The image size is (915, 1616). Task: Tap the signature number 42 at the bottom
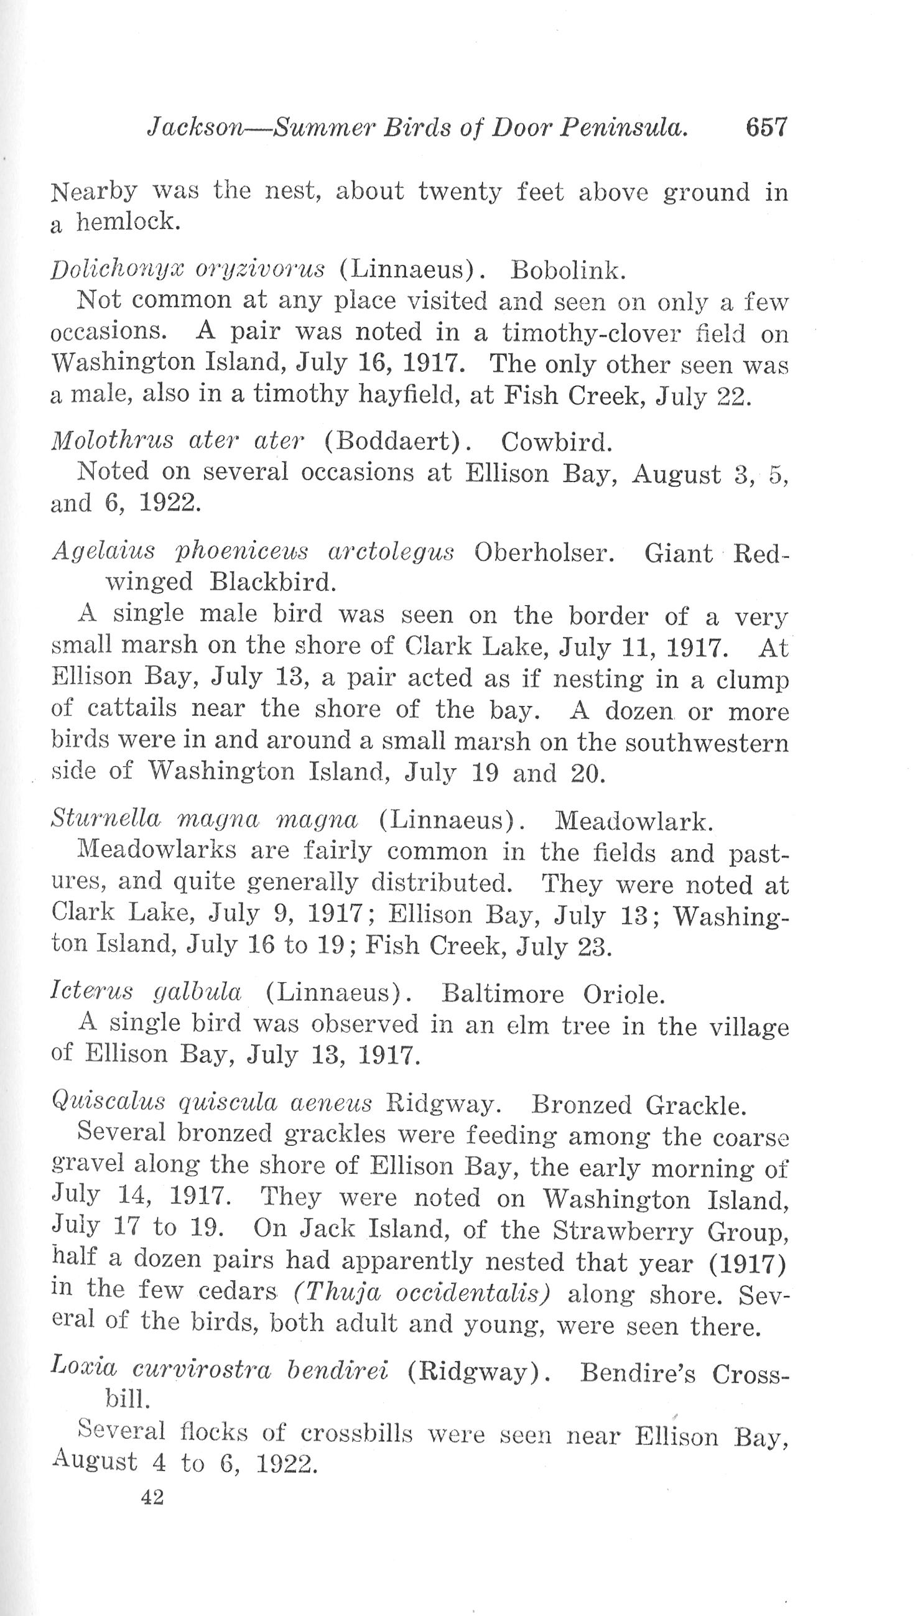152,1497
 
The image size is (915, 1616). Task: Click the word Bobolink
568,270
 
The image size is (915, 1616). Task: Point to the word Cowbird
556,443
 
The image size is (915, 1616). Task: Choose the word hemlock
129,222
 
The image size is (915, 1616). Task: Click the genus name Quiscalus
108,1103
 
